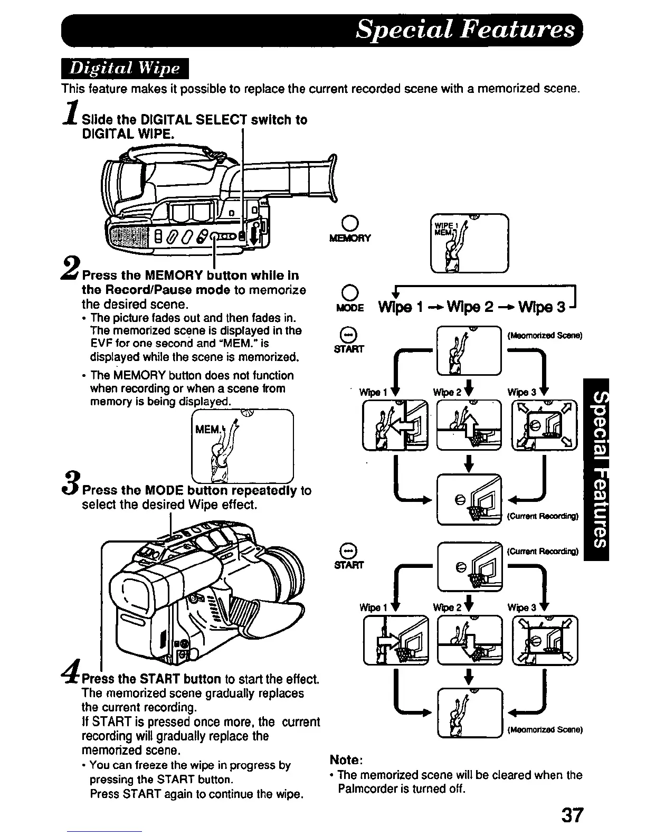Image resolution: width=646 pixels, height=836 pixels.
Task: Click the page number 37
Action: pyautogui.click(x=572, y=815)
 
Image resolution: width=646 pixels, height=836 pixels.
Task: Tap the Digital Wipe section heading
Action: pyautogui.click(x=125, y=69)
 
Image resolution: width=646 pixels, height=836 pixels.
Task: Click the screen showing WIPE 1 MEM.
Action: pyautogui.click(x=469, y=243)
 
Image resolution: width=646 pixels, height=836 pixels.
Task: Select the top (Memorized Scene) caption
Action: pyautogui.click(x=544, y=335)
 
